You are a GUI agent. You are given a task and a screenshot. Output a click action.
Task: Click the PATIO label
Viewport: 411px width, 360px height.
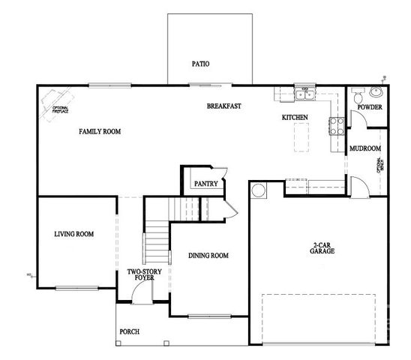coord(199,64)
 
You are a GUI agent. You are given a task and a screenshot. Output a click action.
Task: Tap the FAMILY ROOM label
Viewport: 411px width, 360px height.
coord(100,131)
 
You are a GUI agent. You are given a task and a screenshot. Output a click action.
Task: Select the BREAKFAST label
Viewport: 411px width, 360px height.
coord(223,106)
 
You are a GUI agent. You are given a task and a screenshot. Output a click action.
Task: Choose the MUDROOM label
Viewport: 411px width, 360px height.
coord(365,148)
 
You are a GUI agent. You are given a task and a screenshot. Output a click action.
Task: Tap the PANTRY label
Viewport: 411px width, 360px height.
coord(205,184)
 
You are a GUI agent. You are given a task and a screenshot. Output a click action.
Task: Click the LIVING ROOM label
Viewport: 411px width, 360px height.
coord(73,234)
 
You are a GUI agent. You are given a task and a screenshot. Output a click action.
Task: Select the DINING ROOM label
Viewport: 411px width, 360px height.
coord(208,256)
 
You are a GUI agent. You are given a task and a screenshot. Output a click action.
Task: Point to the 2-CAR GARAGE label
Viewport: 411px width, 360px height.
coord(322,249)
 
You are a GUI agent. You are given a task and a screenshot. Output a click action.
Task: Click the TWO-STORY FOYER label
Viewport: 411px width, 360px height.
coord(140,274)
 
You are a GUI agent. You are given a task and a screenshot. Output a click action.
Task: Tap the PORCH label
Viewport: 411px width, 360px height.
coord(129,331)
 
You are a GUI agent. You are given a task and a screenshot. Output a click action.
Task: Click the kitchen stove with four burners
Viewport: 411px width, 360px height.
coord(335,124)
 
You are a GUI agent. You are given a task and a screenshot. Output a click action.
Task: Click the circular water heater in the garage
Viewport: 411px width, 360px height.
coord(258,191)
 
